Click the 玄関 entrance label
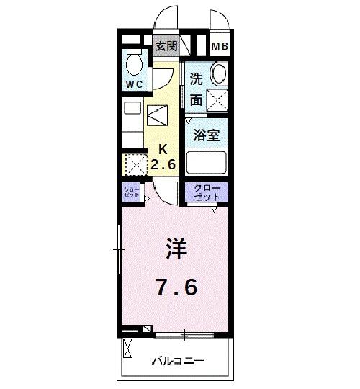(166, 46)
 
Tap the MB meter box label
(220, 46)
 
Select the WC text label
(134, 84)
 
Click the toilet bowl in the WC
(135, 65)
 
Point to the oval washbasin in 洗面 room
(219, 73)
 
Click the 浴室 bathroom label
(207, 135)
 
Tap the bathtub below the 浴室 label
(207, 163)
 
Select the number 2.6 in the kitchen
(163, 164)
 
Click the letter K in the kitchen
(163, 149)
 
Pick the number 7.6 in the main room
(177, 287)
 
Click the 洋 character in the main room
(176, 249)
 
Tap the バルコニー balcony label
(179, 360)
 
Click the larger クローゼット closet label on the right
(207, 192)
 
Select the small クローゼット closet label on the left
(132, 192)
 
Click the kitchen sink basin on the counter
(132, 108)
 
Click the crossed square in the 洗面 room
(217, 100)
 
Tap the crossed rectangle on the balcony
(127, 349)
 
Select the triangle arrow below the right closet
(215, 210)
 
